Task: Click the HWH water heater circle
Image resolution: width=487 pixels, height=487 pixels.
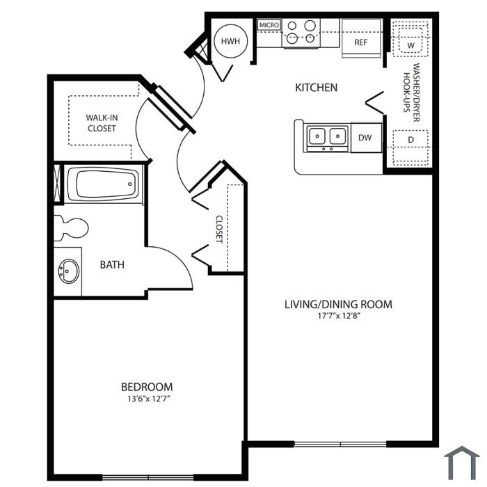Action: coord(231,41)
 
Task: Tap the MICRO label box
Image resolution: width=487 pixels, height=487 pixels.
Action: coord(269,25)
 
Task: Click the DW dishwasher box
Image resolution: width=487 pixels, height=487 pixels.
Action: coord(366,138)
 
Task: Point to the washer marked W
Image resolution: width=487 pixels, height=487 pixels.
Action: coord(410,42)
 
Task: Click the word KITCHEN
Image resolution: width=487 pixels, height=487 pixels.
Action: coord(316,88)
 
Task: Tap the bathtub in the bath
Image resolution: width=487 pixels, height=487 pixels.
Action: coord(103,184)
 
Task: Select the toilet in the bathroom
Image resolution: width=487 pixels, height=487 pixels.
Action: coord(71,228)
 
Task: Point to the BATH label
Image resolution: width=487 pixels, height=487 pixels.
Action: coord(112,264)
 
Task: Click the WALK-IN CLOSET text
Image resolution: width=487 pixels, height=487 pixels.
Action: coord(102,123)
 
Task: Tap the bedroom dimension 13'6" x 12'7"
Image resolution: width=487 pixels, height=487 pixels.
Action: coord(150,399)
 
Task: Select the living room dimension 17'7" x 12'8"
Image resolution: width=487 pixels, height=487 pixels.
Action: coord(339,316)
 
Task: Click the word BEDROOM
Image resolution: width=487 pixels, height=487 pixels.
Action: coord(147,387)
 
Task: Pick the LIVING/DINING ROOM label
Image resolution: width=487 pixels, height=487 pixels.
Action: coord(339,304)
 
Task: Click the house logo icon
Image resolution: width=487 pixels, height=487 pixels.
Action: coord(462,463)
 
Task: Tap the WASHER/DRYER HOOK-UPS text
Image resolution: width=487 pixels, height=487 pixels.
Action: coord(411,93)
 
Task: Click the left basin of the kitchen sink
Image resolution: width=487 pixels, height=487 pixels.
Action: coord(317,136)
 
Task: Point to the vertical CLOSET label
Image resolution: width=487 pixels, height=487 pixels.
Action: coord(219,229)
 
